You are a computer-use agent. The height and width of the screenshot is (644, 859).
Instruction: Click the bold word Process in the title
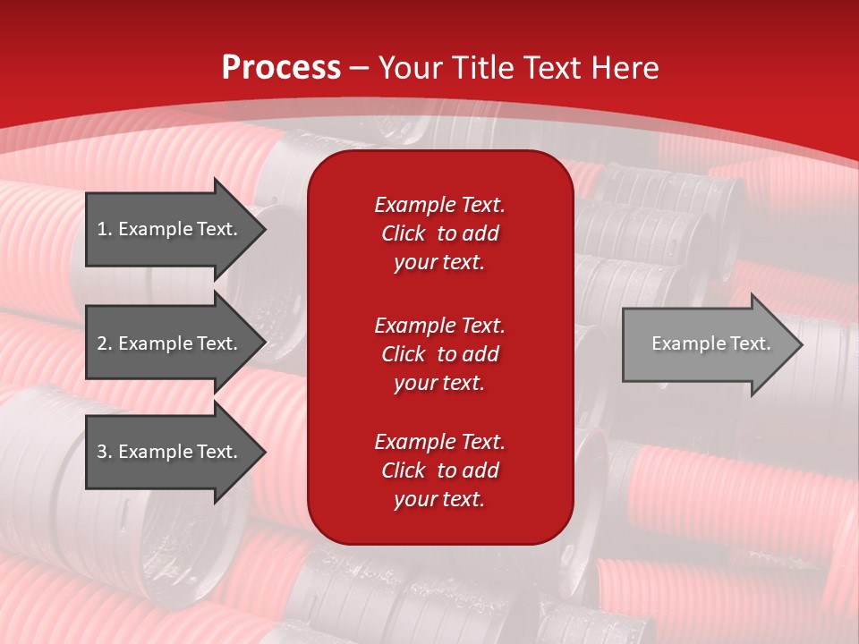[x=281, y=68]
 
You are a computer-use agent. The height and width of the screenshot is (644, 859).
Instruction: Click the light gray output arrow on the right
[x=707, y=344]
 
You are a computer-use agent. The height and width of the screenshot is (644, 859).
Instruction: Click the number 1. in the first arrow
[x=105, y=229]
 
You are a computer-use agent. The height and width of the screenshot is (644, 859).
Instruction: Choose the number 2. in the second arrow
[x=105, y=343]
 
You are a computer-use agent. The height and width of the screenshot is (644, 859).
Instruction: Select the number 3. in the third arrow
[x=105, y=452]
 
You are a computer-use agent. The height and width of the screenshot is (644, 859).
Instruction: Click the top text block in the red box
[x=439, y=233]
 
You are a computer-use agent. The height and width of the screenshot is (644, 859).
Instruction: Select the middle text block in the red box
[x=439, y=354]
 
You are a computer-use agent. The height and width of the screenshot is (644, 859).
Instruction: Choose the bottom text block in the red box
[x=439, y=470]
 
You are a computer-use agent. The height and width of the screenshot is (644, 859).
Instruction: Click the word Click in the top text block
[x=403, y=234]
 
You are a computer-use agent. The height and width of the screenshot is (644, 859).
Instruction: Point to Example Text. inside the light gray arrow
[x=710, y=343]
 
